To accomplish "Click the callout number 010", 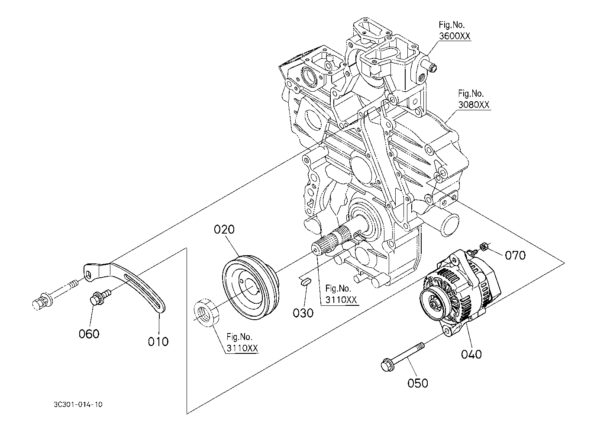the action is (158, 342).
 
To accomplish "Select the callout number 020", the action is (224, 229).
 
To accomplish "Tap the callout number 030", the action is (303, 313).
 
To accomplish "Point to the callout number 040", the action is (471, 354).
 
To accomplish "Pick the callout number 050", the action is (418, 383).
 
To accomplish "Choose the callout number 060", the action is (89, 334).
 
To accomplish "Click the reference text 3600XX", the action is (455, 36).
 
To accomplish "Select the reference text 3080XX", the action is (474, 105).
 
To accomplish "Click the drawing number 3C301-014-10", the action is (78, 405).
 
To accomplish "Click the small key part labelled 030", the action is (304, 281).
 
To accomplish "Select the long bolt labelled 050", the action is (403, 356).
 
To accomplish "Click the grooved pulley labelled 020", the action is (251, 288).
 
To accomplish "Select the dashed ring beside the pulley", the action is (206, 313).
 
